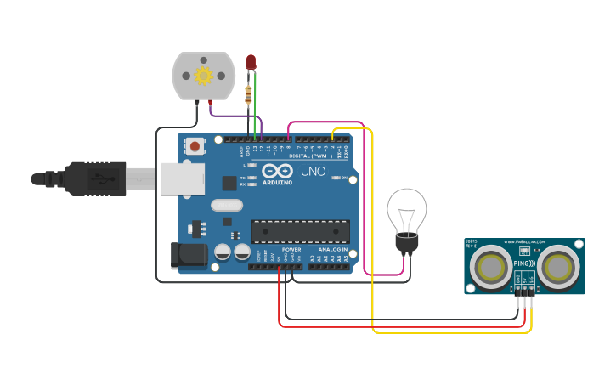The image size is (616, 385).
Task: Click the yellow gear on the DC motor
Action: tap(203, 76)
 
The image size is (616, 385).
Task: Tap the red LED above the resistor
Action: tap(251, 62)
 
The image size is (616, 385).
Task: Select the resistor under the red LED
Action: tap(248, 94)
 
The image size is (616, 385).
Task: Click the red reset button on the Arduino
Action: tap(195, 146)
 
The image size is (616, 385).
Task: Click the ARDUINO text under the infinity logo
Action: tap(277, 182)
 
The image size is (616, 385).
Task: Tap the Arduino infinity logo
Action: tap(277, 170)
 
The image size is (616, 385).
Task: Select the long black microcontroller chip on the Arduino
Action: tap(300, 231)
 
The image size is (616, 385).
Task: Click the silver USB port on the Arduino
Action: tap(183, 178)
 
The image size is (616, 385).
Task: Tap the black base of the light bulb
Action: tap(407, 243)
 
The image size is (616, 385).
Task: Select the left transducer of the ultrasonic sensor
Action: tap(490, 268)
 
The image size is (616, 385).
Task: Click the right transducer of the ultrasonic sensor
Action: tap(558, 268)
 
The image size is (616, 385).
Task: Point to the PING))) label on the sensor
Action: tap(524, 264)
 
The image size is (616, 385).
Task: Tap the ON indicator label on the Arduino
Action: tap(346, 178)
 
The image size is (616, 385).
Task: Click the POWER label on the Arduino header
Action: tap(291, 249)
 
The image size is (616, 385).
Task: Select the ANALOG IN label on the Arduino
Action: tap(332, 249)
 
